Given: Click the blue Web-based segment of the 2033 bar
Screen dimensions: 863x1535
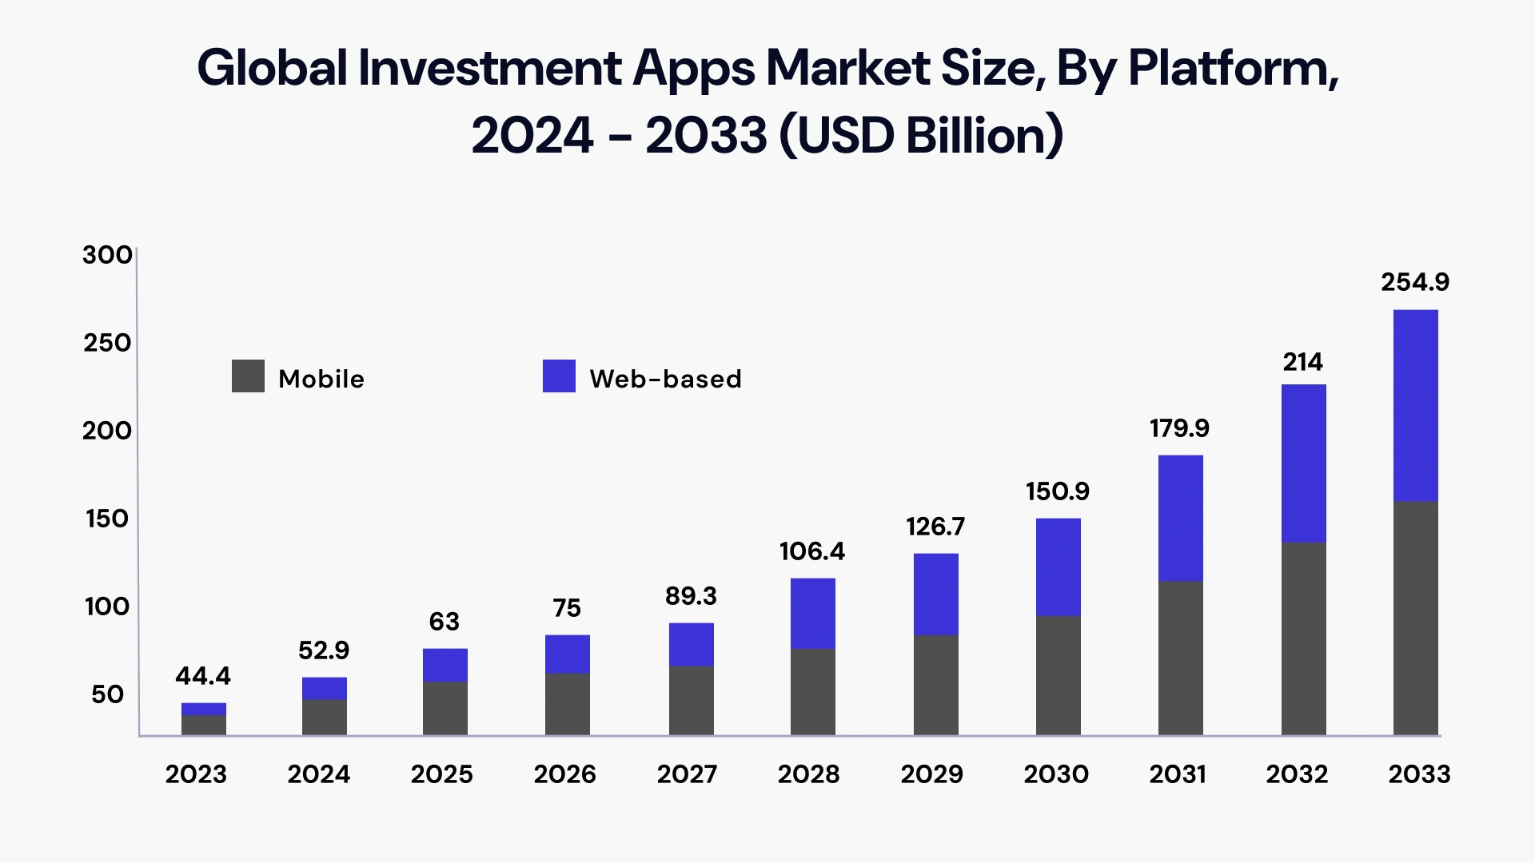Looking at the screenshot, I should pyautogui.click(x=1415, y=405).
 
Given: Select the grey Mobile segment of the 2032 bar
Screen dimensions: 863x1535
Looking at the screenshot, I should pyautogui.click(x=1303, y=638).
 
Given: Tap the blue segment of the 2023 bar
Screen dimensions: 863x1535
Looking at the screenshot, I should pyautogui.click(x=204, y=709).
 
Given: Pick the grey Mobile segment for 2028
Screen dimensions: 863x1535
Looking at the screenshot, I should pyautogui.click(x=812, y=691).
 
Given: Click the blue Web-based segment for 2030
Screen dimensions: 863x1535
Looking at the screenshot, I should pyautogui.click(x=1058, y=567).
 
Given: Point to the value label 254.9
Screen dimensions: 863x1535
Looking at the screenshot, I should pyautogui.click(x=1414, y=282).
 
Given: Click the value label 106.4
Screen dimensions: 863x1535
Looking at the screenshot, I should pyautogui.click(x=811, y=551).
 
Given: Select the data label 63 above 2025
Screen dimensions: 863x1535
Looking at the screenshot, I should pyautogui.click(x=444, y=622).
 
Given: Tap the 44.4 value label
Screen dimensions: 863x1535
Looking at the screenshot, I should pyautogui.click(x=203, y=676).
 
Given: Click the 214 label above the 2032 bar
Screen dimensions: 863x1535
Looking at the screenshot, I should pyautogui.click(x=1302, y=363).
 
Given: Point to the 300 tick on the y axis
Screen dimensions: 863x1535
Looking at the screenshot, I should pyautogui.click(x=107, y=255).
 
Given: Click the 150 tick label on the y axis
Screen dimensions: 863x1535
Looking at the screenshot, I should pyautogui.click(x=107, y=519).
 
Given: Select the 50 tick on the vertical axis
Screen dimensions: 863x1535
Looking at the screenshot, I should pyautogui.click(x=107, y=694).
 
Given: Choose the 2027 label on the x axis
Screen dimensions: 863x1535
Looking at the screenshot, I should pyautogui.click(x=687, y=774).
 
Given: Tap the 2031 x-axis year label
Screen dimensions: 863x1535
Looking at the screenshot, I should pyautogui.click(x=1177, y=774).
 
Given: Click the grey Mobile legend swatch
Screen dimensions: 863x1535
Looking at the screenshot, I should pyautogui.click(x=248, y=376).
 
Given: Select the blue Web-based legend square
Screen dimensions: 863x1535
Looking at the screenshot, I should pyautogui.click(x=559, y=376).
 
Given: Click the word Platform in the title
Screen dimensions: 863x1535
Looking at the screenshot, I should pyautogui.click(x=1232, y=69).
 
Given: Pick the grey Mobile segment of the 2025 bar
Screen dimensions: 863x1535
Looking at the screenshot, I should pyautogui.click(x=445, y=708).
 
